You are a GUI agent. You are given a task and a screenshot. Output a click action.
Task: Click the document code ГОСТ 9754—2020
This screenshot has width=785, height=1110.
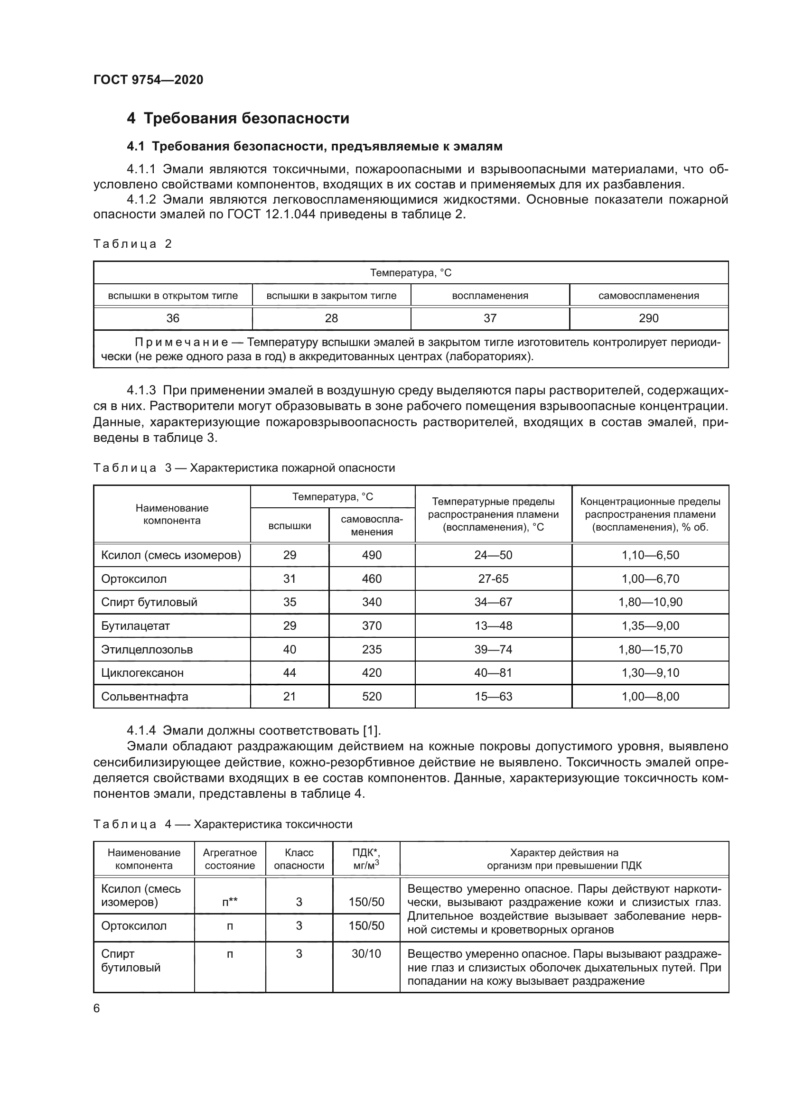point(148,80)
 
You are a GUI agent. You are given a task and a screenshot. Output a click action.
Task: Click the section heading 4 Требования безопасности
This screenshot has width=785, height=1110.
point(238,119)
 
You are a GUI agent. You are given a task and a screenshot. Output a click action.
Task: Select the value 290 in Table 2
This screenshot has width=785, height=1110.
point(649,318)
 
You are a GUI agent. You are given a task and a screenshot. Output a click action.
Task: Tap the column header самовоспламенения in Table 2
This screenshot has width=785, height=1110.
point(649,295)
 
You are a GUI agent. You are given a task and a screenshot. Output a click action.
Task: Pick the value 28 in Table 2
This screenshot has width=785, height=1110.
point(331,318)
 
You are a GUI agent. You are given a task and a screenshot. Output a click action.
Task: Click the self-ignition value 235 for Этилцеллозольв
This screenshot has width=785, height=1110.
point(372,649)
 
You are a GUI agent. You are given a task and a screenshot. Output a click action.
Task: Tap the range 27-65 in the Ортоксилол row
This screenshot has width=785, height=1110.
point(493,578)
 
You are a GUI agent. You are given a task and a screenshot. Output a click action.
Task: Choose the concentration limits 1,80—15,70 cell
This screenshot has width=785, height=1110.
point(650,649)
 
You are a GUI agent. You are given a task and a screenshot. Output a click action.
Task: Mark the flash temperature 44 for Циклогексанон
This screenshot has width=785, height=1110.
point(290,672)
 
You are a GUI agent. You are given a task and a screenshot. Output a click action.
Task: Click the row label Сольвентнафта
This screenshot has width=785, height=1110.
point(145,696)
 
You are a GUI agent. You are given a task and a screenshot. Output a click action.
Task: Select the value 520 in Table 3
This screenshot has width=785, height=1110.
point(372,696)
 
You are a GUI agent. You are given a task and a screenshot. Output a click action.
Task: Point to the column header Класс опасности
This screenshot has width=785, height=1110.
point(299,859)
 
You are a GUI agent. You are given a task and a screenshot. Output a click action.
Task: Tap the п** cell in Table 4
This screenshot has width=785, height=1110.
point(230,902)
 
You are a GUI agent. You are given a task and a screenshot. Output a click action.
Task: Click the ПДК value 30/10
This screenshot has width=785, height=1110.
point(366,953)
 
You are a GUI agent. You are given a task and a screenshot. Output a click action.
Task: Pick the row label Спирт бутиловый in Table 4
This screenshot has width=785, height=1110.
point(131,960)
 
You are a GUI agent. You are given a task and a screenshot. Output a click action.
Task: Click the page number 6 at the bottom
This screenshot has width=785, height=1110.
point(97,1008)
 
